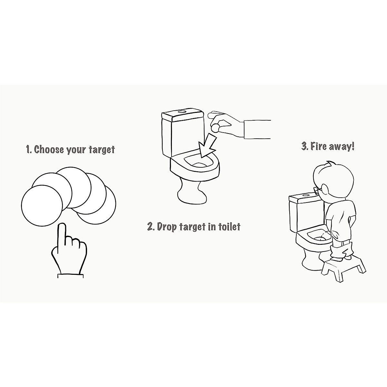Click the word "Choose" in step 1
click(49, 150)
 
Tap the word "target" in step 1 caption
click(101, 150)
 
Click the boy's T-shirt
click(340, 213)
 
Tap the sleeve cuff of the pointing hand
click(70, 275)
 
